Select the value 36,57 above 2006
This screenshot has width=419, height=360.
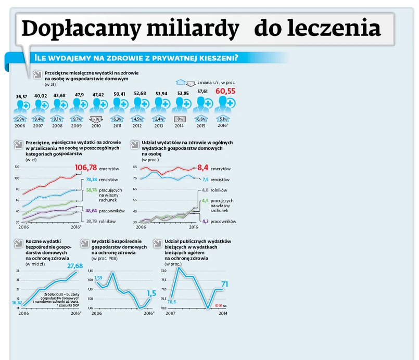coord(21,96)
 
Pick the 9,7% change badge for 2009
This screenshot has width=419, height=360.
coord(77,119)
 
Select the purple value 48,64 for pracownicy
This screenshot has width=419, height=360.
coord(91,211)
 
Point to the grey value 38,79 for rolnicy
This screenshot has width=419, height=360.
coord(91,221)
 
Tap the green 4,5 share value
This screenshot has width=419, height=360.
coord(205,201)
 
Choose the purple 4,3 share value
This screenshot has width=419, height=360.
coord(205,221)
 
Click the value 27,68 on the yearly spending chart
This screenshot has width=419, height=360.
coord(75,266)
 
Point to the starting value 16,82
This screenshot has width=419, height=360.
coord(16,302)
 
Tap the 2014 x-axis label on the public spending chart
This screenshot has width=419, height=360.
coord(223,313)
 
